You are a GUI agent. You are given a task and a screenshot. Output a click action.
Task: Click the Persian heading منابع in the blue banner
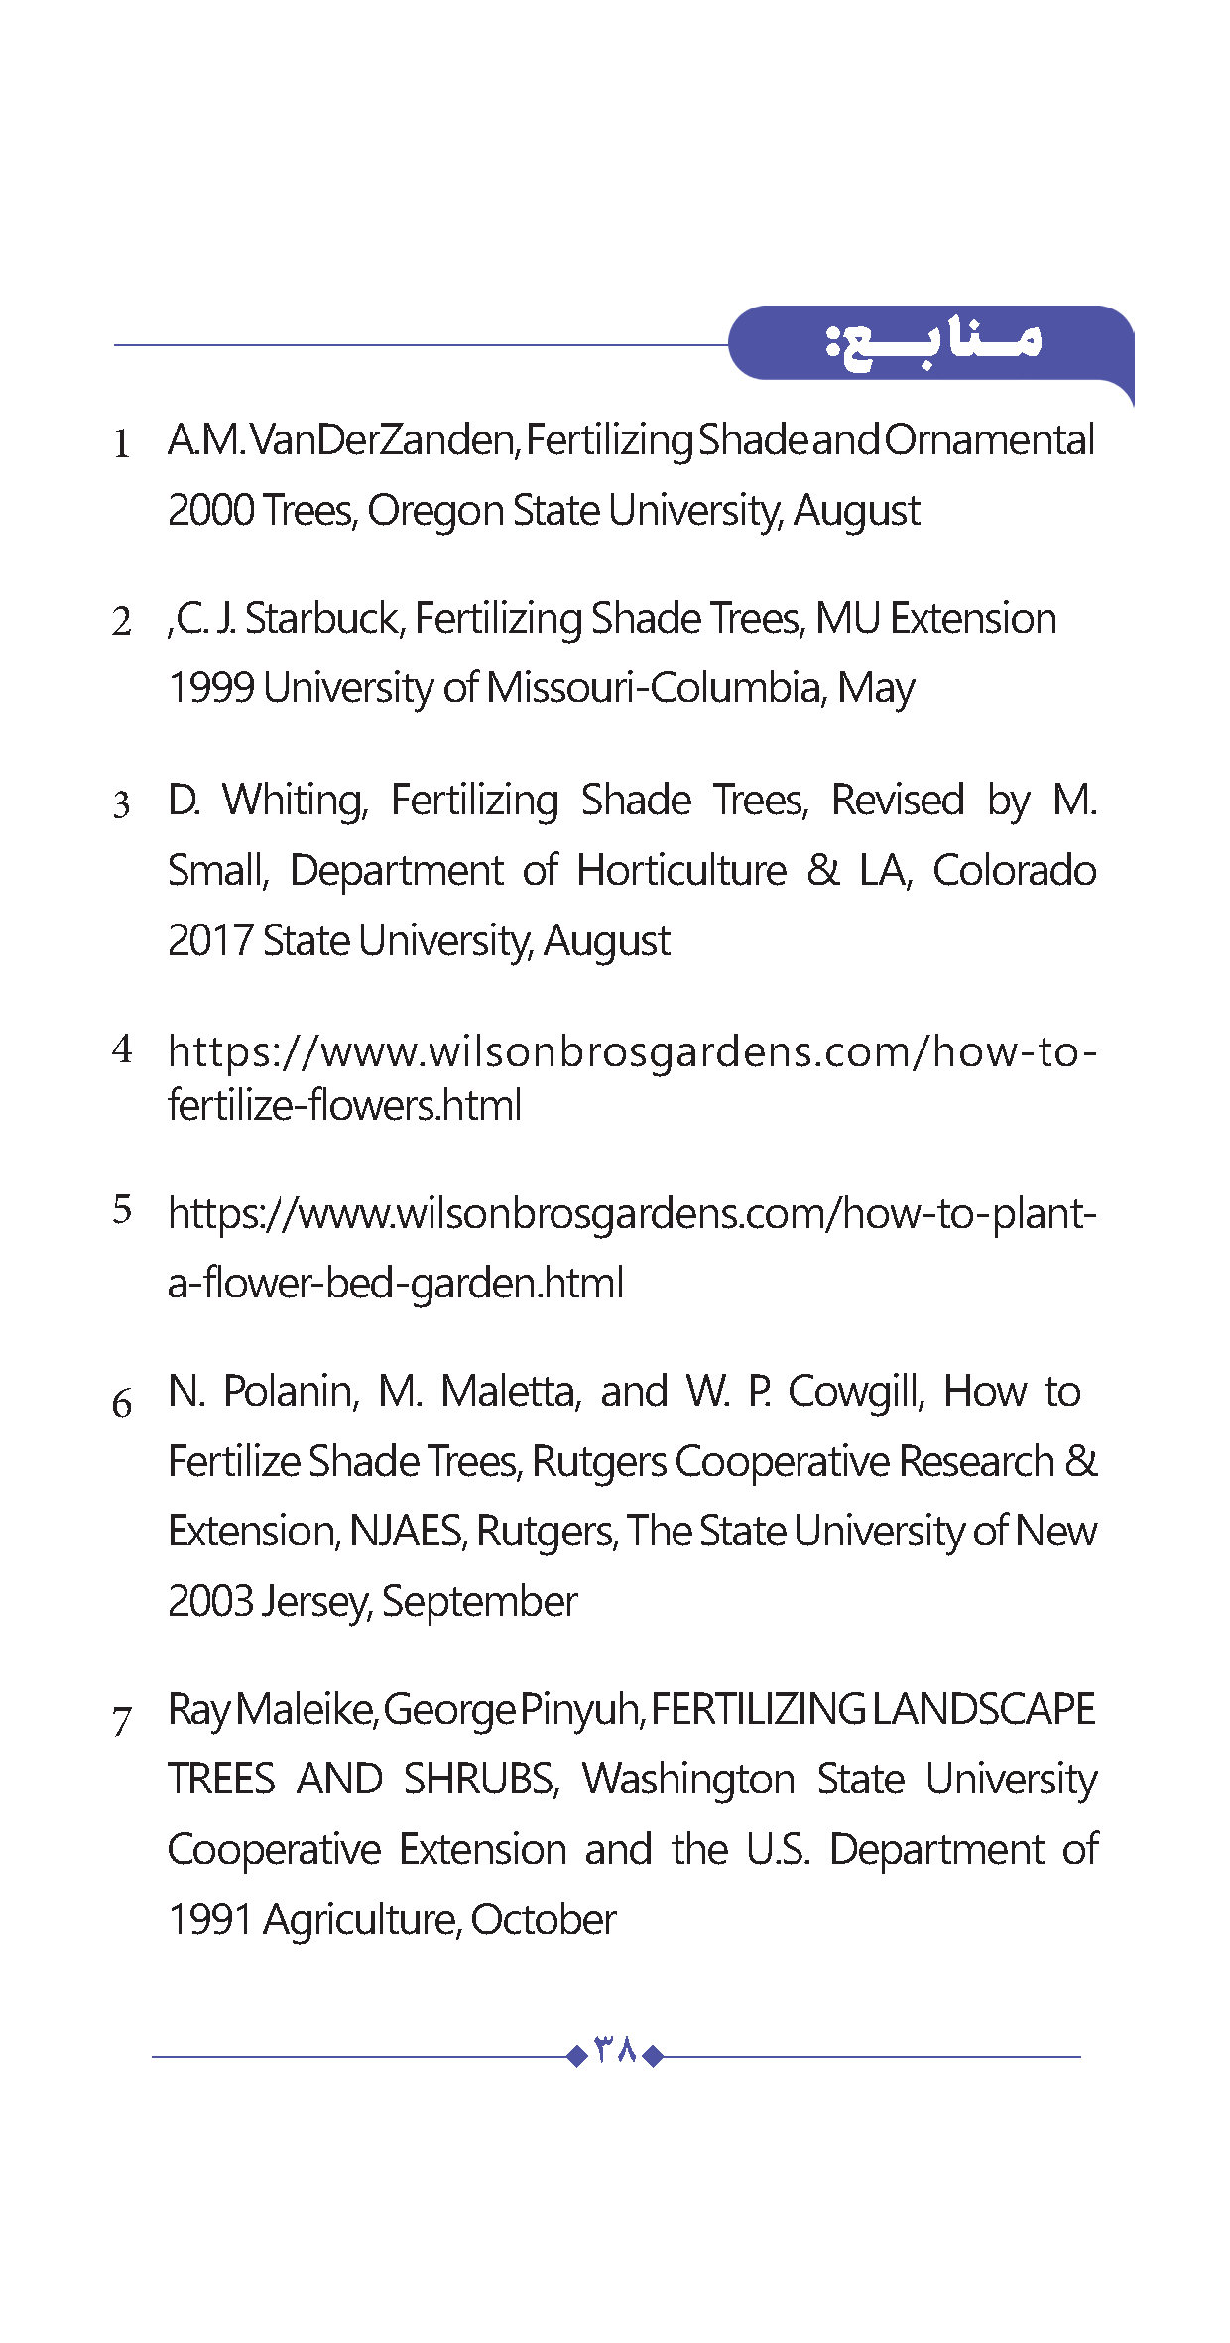933,343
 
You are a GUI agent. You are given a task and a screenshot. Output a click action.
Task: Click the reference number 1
121,443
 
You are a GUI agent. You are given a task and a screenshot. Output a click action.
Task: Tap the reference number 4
122,1048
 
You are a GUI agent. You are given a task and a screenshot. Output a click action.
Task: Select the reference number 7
122,1720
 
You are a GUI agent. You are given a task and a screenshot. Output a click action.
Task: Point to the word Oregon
435,511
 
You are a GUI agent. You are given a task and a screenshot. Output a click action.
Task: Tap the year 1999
210,688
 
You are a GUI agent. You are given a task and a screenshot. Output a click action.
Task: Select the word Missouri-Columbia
655,688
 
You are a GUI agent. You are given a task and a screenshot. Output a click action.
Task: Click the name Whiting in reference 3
295,801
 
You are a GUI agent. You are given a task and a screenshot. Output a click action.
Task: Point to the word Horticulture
681,871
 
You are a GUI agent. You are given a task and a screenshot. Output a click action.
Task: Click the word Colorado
1014,871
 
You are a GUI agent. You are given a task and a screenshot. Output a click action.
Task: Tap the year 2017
210,941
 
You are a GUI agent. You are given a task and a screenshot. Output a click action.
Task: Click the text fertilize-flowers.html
344,1105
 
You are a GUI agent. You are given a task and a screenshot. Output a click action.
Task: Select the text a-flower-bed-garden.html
395,1284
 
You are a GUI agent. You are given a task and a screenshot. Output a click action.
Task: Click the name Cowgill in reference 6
856,1392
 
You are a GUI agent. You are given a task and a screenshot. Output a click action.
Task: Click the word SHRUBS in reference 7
481,1780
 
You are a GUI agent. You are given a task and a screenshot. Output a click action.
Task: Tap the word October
543,1920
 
